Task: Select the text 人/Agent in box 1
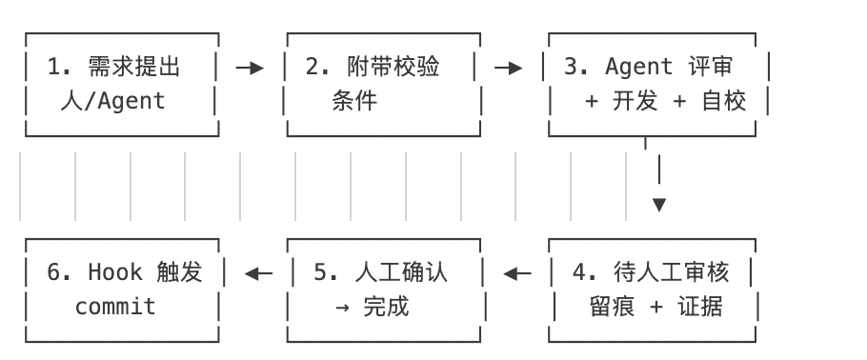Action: point(119,101)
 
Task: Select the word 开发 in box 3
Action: point(635,101)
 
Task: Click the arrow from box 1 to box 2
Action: point(250,68)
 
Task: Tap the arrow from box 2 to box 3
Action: point(509,68)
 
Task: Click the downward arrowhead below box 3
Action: point(658,205)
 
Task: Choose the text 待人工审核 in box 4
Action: point(672,272)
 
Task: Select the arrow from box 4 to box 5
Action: point(517,274)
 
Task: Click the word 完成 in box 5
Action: point(386,307)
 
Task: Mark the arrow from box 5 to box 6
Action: point(257,274)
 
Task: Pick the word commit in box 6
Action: point(115,307)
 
